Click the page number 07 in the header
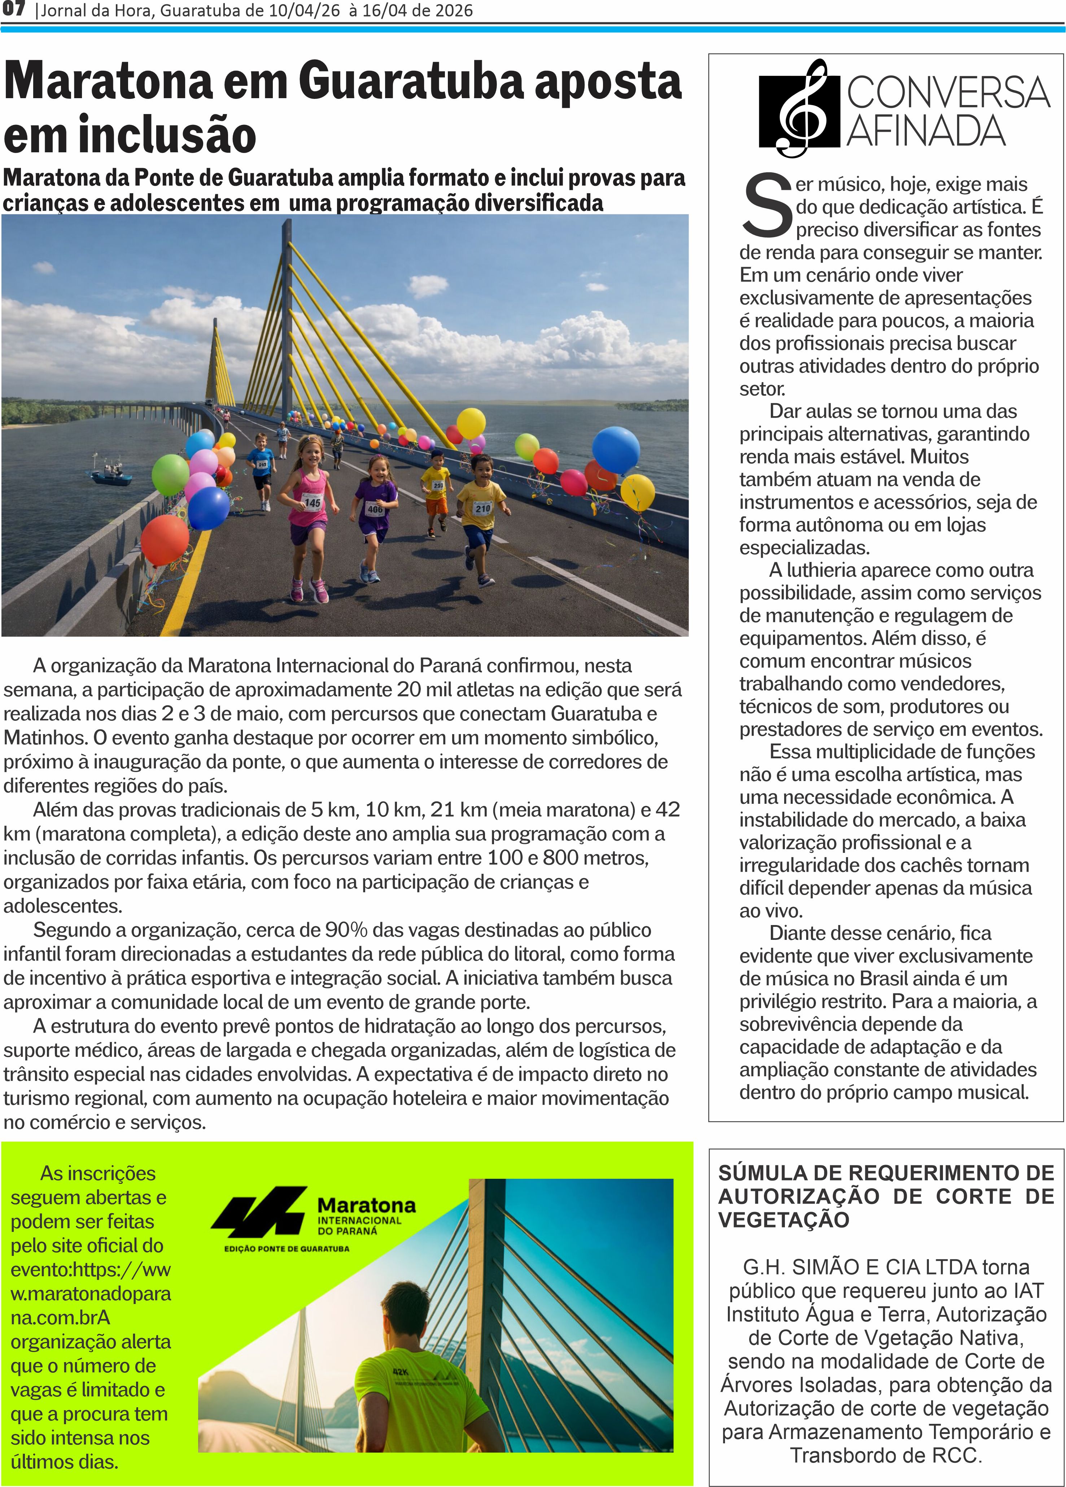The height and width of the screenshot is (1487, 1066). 13,10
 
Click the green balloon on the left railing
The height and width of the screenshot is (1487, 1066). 170,474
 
